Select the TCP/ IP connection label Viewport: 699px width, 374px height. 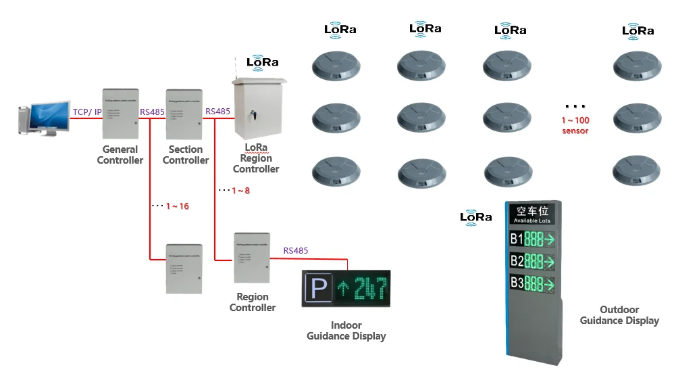point(87,112)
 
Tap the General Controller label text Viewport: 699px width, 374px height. point(120,155)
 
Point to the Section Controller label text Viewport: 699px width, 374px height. point(186,155)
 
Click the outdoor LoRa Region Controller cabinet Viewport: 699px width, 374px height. point(259,108)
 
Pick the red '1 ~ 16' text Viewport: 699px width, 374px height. point(177,206)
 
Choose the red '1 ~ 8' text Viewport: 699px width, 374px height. point(240,191)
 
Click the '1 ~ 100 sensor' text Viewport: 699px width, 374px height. point(575,125)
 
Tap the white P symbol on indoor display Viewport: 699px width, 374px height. point(319,289)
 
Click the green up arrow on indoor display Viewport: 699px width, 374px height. point(342,289)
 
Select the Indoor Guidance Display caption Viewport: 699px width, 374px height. point(346,331)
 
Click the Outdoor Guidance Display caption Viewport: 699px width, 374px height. point(619,315)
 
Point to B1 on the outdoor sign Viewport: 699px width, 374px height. point(516,239)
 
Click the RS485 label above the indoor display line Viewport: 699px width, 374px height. point(296,250)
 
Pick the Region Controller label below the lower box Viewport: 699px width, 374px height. point(253,302)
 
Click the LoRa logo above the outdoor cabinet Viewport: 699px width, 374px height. point(263,62)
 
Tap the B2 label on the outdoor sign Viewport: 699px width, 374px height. point(516,261)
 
